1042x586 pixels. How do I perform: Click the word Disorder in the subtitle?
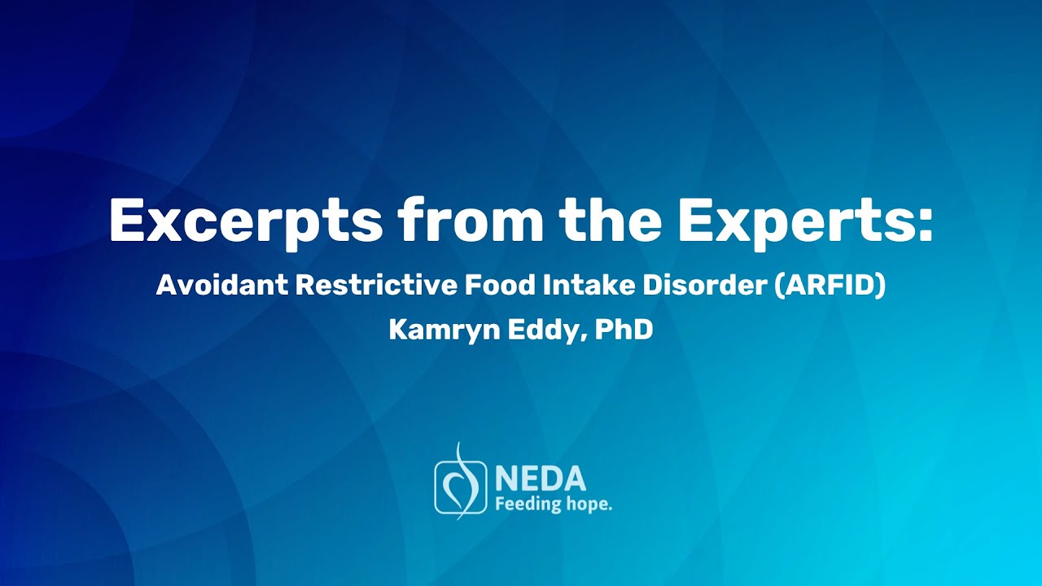(x=699, y=286)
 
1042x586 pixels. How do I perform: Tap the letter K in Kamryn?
(x=397, y=330)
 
